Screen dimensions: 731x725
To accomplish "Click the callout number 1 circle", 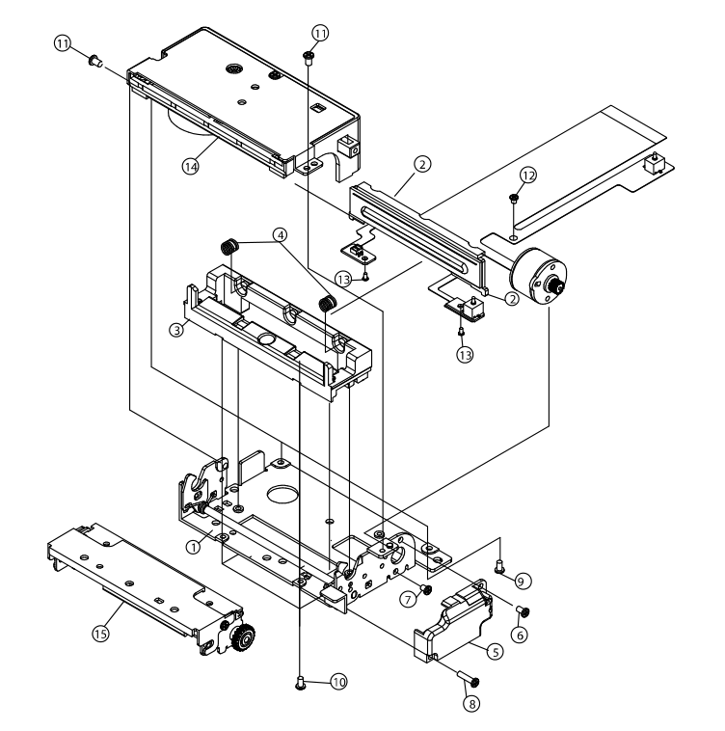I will [193, 547].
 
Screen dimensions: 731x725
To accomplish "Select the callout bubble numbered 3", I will [176, 330].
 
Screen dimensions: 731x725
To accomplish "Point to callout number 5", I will [494, 652].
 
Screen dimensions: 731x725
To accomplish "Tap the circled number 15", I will [98, 633].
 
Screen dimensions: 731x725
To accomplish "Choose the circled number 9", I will [522, 581].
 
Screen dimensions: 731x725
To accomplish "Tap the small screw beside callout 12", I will [513, 198].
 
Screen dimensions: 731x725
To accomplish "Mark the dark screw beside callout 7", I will [424, 589].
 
